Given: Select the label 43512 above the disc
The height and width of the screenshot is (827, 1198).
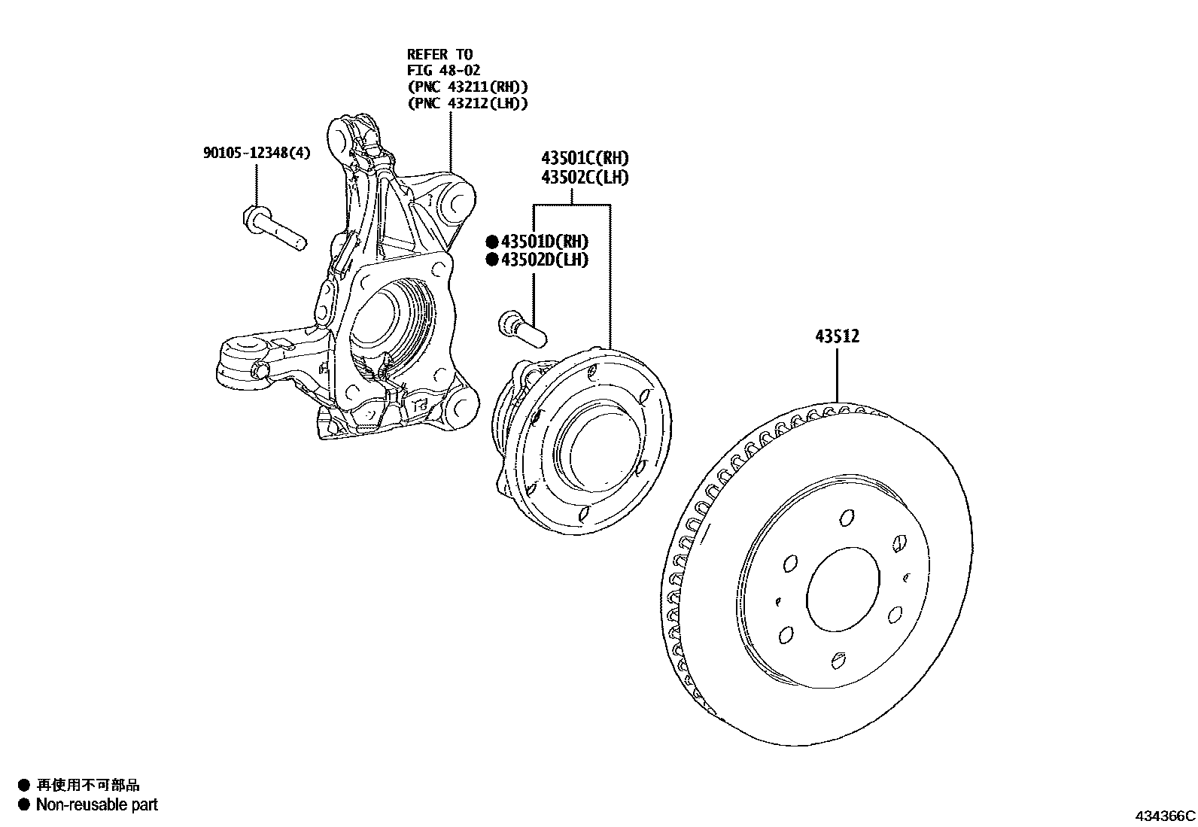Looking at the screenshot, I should point(837,336).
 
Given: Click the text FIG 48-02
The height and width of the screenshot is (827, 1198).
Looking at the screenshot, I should point(444,71).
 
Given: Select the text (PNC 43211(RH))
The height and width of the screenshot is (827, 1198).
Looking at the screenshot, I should point(467,87).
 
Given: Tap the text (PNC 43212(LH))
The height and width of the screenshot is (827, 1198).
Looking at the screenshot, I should point(467,104).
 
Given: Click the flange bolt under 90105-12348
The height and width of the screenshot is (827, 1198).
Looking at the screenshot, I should point(275,228).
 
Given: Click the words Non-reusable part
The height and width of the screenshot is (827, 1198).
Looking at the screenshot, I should point(97,805).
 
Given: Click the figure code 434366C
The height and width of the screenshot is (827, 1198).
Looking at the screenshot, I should point(1165,816).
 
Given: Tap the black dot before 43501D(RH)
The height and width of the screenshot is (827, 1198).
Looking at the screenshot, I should point(492,242).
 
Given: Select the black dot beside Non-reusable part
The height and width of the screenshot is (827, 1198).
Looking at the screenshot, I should point(23,805).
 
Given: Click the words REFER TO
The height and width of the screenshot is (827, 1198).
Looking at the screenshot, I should point(439,54).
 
